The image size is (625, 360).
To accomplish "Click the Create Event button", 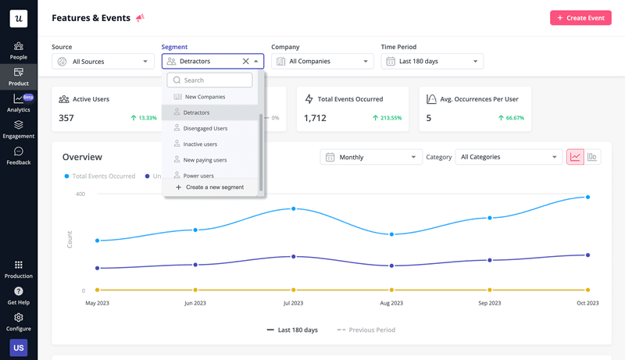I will click(580, 17).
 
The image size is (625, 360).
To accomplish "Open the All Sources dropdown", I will click(102, 61).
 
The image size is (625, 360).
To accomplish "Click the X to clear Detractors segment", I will click(245, 61).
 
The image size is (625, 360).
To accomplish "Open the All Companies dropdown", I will click(322, 61).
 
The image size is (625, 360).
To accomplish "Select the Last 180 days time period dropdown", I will click(432, 61).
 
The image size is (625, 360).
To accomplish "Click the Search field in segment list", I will click(209, 80).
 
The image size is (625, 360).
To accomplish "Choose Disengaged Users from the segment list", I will click(205, 128).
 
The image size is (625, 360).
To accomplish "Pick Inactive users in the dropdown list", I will click(200, 144).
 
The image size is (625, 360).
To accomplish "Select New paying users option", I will click(205, 160).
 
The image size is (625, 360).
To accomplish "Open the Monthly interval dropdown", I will click(371, 157).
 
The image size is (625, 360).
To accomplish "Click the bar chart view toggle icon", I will click(593, 157).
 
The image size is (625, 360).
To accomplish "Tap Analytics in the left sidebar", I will click(19, 102).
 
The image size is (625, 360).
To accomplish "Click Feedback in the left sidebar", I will click(19, 155).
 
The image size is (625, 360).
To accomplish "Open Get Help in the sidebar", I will click(19, 296).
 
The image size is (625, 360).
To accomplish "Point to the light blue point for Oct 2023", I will click(587, 198).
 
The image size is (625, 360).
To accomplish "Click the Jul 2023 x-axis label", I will click(293, 303).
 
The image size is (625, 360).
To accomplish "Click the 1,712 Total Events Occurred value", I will click(315, 118).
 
